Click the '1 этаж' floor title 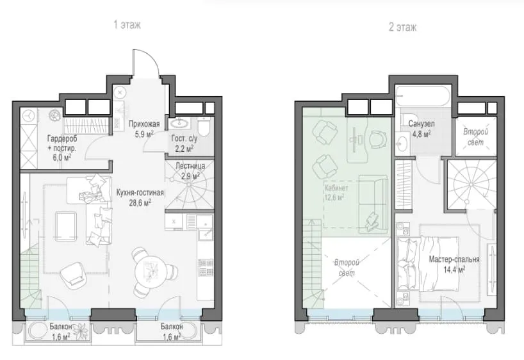tap(127, 25)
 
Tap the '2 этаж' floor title tap(403, 27)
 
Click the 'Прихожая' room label tap(144, 124)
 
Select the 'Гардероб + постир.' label tap(62, 143)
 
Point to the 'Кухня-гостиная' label tap(140, 193)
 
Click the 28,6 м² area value tap(140, 202)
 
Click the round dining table tap(152, 270)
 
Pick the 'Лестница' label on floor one tap(190, 166)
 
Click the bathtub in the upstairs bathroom tap(423, 96)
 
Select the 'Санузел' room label tap(422, 124)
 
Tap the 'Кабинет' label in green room tap(336, 188)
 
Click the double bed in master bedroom tap(428, 264)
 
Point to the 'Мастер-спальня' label tap(454, 259)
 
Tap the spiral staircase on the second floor tap(471, 185)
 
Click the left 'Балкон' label tap(61, 326)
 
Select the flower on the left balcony tap(81, 331)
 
